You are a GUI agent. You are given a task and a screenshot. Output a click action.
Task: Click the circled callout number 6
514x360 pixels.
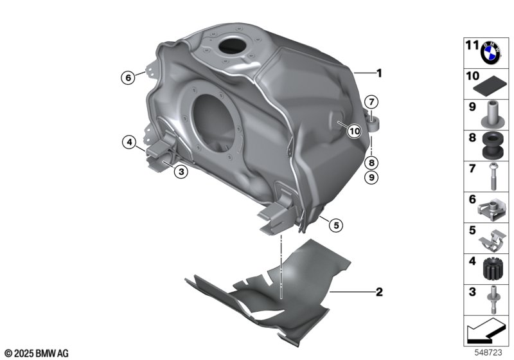click(x=128, y=78)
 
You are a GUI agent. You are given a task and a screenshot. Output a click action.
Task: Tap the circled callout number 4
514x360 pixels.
click(x=130, y=142)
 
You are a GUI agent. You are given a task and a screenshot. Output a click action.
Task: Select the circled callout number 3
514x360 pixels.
click(x=181, y=171)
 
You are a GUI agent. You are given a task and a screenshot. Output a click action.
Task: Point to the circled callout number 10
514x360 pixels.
click(x=355, y=132)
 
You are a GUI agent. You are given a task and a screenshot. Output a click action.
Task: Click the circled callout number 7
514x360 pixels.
click(x=371, y=102)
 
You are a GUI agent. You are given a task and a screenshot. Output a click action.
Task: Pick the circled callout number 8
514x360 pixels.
click(x=371, y=163)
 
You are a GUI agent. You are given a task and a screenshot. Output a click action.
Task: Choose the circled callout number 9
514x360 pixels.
click(x=371, y=177)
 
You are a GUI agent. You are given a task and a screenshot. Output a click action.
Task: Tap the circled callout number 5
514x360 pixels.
click(x=335, y=225)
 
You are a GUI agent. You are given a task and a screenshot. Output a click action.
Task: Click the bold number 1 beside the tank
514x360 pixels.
click(x=379, y=73)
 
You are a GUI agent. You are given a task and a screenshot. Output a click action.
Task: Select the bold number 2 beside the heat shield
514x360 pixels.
click(x=379, y=292)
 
